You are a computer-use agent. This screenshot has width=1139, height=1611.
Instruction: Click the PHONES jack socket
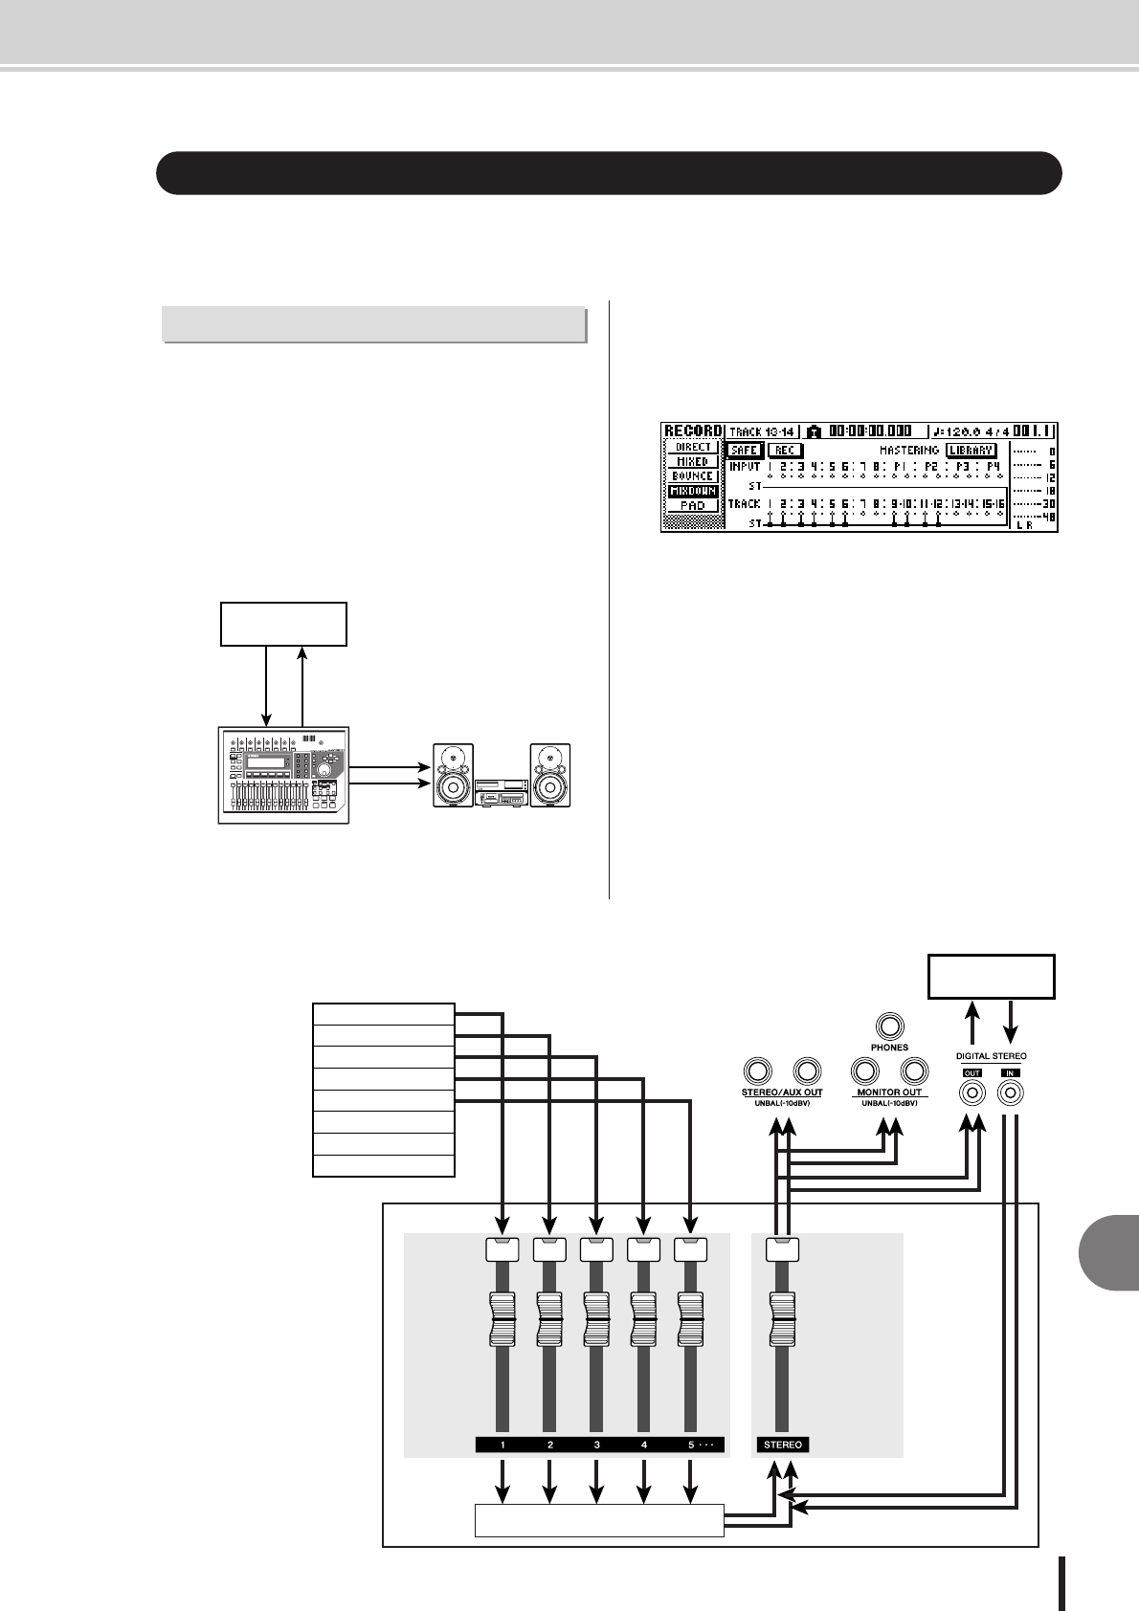pos(889,1025)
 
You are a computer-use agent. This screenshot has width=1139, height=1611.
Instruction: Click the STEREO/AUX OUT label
pos(781,1092)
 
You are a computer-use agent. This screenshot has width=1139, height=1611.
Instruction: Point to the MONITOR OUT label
pos(889,1092)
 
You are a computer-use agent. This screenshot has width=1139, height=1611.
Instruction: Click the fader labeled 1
pos(502,1318)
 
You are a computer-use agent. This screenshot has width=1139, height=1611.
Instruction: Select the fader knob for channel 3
pos(596,1318)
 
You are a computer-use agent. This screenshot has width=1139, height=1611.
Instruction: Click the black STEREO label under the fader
pos(784,1445)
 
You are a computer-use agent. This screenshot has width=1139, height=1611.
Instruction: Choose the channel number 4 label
pos(644,1445)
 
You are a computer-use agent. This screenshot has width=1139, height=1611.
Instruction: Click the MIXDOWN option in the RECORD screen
pos(692,491)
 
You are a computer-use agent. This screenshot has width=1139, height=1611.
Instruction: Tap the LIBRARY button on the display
pos(971,451)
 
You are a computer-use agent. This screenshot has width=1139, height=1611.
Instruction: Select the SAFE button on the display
pos(744,451)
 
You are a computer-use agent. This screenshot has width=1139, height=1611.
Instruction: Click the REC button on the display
pos(785,451)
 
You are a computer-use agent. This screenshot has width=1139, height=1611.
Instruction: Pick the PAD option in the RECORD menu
pos(692,505)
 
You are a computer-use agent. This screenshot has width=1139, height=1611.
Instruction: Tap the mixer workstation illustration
pos(282,774)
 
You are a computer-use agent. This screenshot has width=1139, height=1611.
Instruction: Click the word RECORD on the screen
pos(692,431)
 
